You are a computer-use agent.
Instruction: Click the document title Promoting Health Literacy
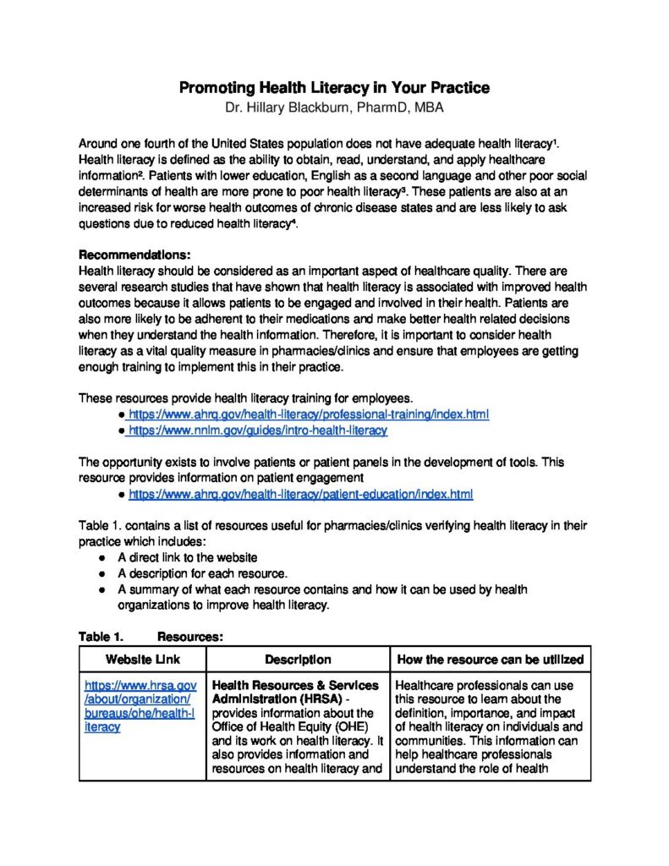coord(334,88)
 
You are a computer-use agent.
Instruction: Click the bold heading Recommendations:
coord(134,255)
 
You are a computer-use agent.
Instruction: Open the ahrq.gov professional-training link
coord(308,414)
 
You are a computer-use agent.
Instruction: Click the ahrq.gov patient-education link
coord(300,494)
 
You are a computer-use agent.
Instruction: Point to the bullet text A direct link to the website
coord(188,558)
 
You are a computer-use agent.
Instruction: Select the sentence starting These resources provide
coord(245,398)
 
